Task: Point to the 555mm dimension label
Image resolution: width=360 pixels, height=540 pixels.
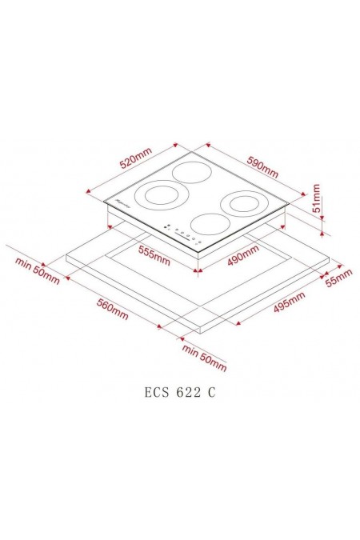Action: (x=152, y=257)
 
